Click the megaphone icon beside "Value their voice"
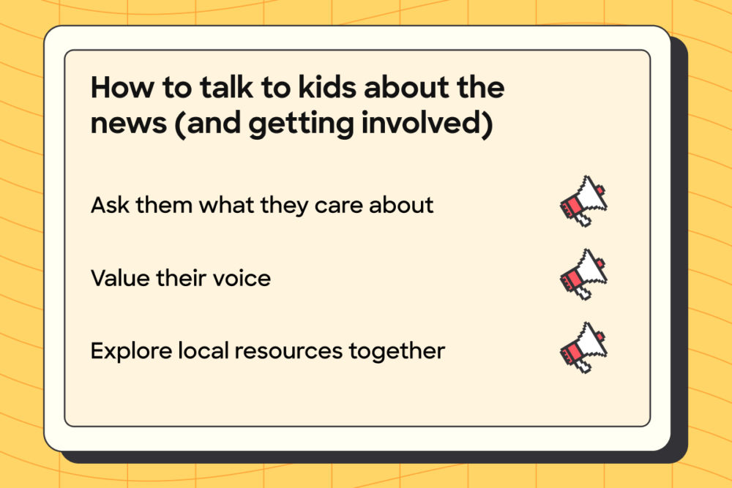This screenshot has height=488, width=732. click(x=583, y=275)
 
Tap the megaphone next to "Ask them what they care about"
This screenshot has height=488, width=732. click(x=583, y=200)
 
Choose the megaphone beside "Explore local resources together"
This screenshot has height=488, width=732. click(x=583, y=348)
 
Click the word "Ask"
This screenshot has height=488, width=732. click(x=108, y=205)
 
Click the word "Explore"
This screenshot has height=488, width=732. click(x=130, y=351)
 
